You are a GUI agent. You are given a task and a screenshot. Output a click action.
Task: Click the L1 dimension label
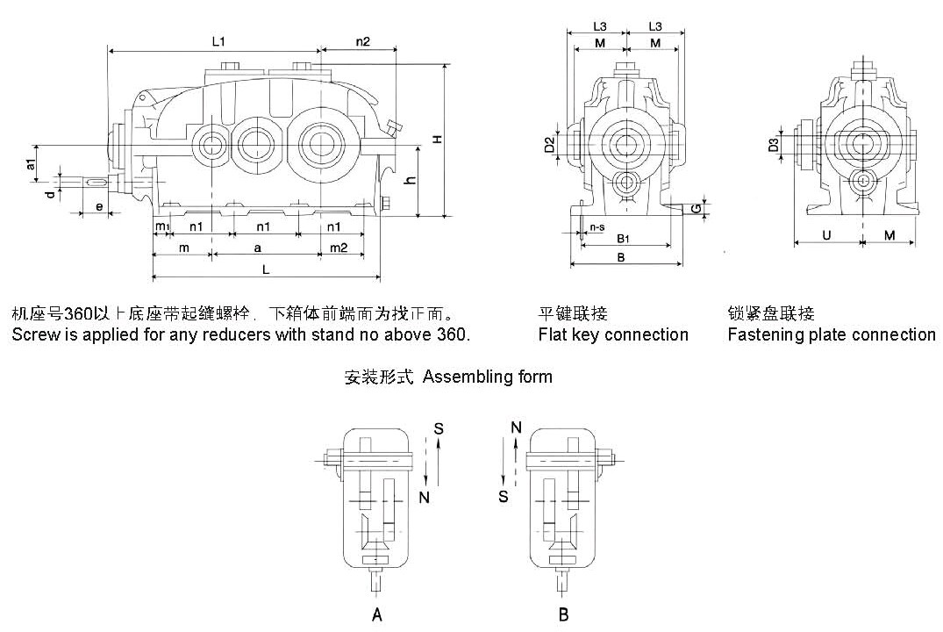pos(218,41)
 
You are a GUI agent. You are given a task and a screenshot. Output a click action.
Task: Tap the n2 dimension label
pos(363,41)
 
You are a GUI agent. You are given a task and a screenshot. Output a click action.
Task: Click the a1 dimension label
pos(31,164)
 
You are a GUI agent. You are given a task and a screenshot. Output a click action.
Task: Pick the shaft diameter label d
pos(51,193)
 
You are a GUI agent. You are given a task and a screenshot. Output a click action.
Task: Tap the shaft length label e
pos(98,207)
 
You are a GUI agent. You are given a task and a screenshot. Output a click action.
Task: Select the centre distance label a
pos(258,248)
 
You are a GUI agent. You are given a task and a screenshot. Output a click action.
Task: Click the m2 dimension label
pos(339,248)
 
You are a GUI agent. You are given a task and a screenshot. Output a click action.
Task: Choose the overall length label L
pos(266,271)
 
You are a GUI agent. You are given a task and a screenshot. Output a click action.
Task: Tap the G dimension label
pos(696,208)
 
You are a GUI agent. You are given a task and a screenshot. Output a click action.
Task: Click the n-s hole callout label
pos(597,227)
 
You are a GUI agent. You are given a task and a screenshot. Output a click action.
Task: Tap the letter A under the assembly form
pos(377,615)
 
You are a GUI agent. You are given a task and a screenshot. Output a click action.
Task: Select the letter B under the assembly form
pos(564,615)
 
